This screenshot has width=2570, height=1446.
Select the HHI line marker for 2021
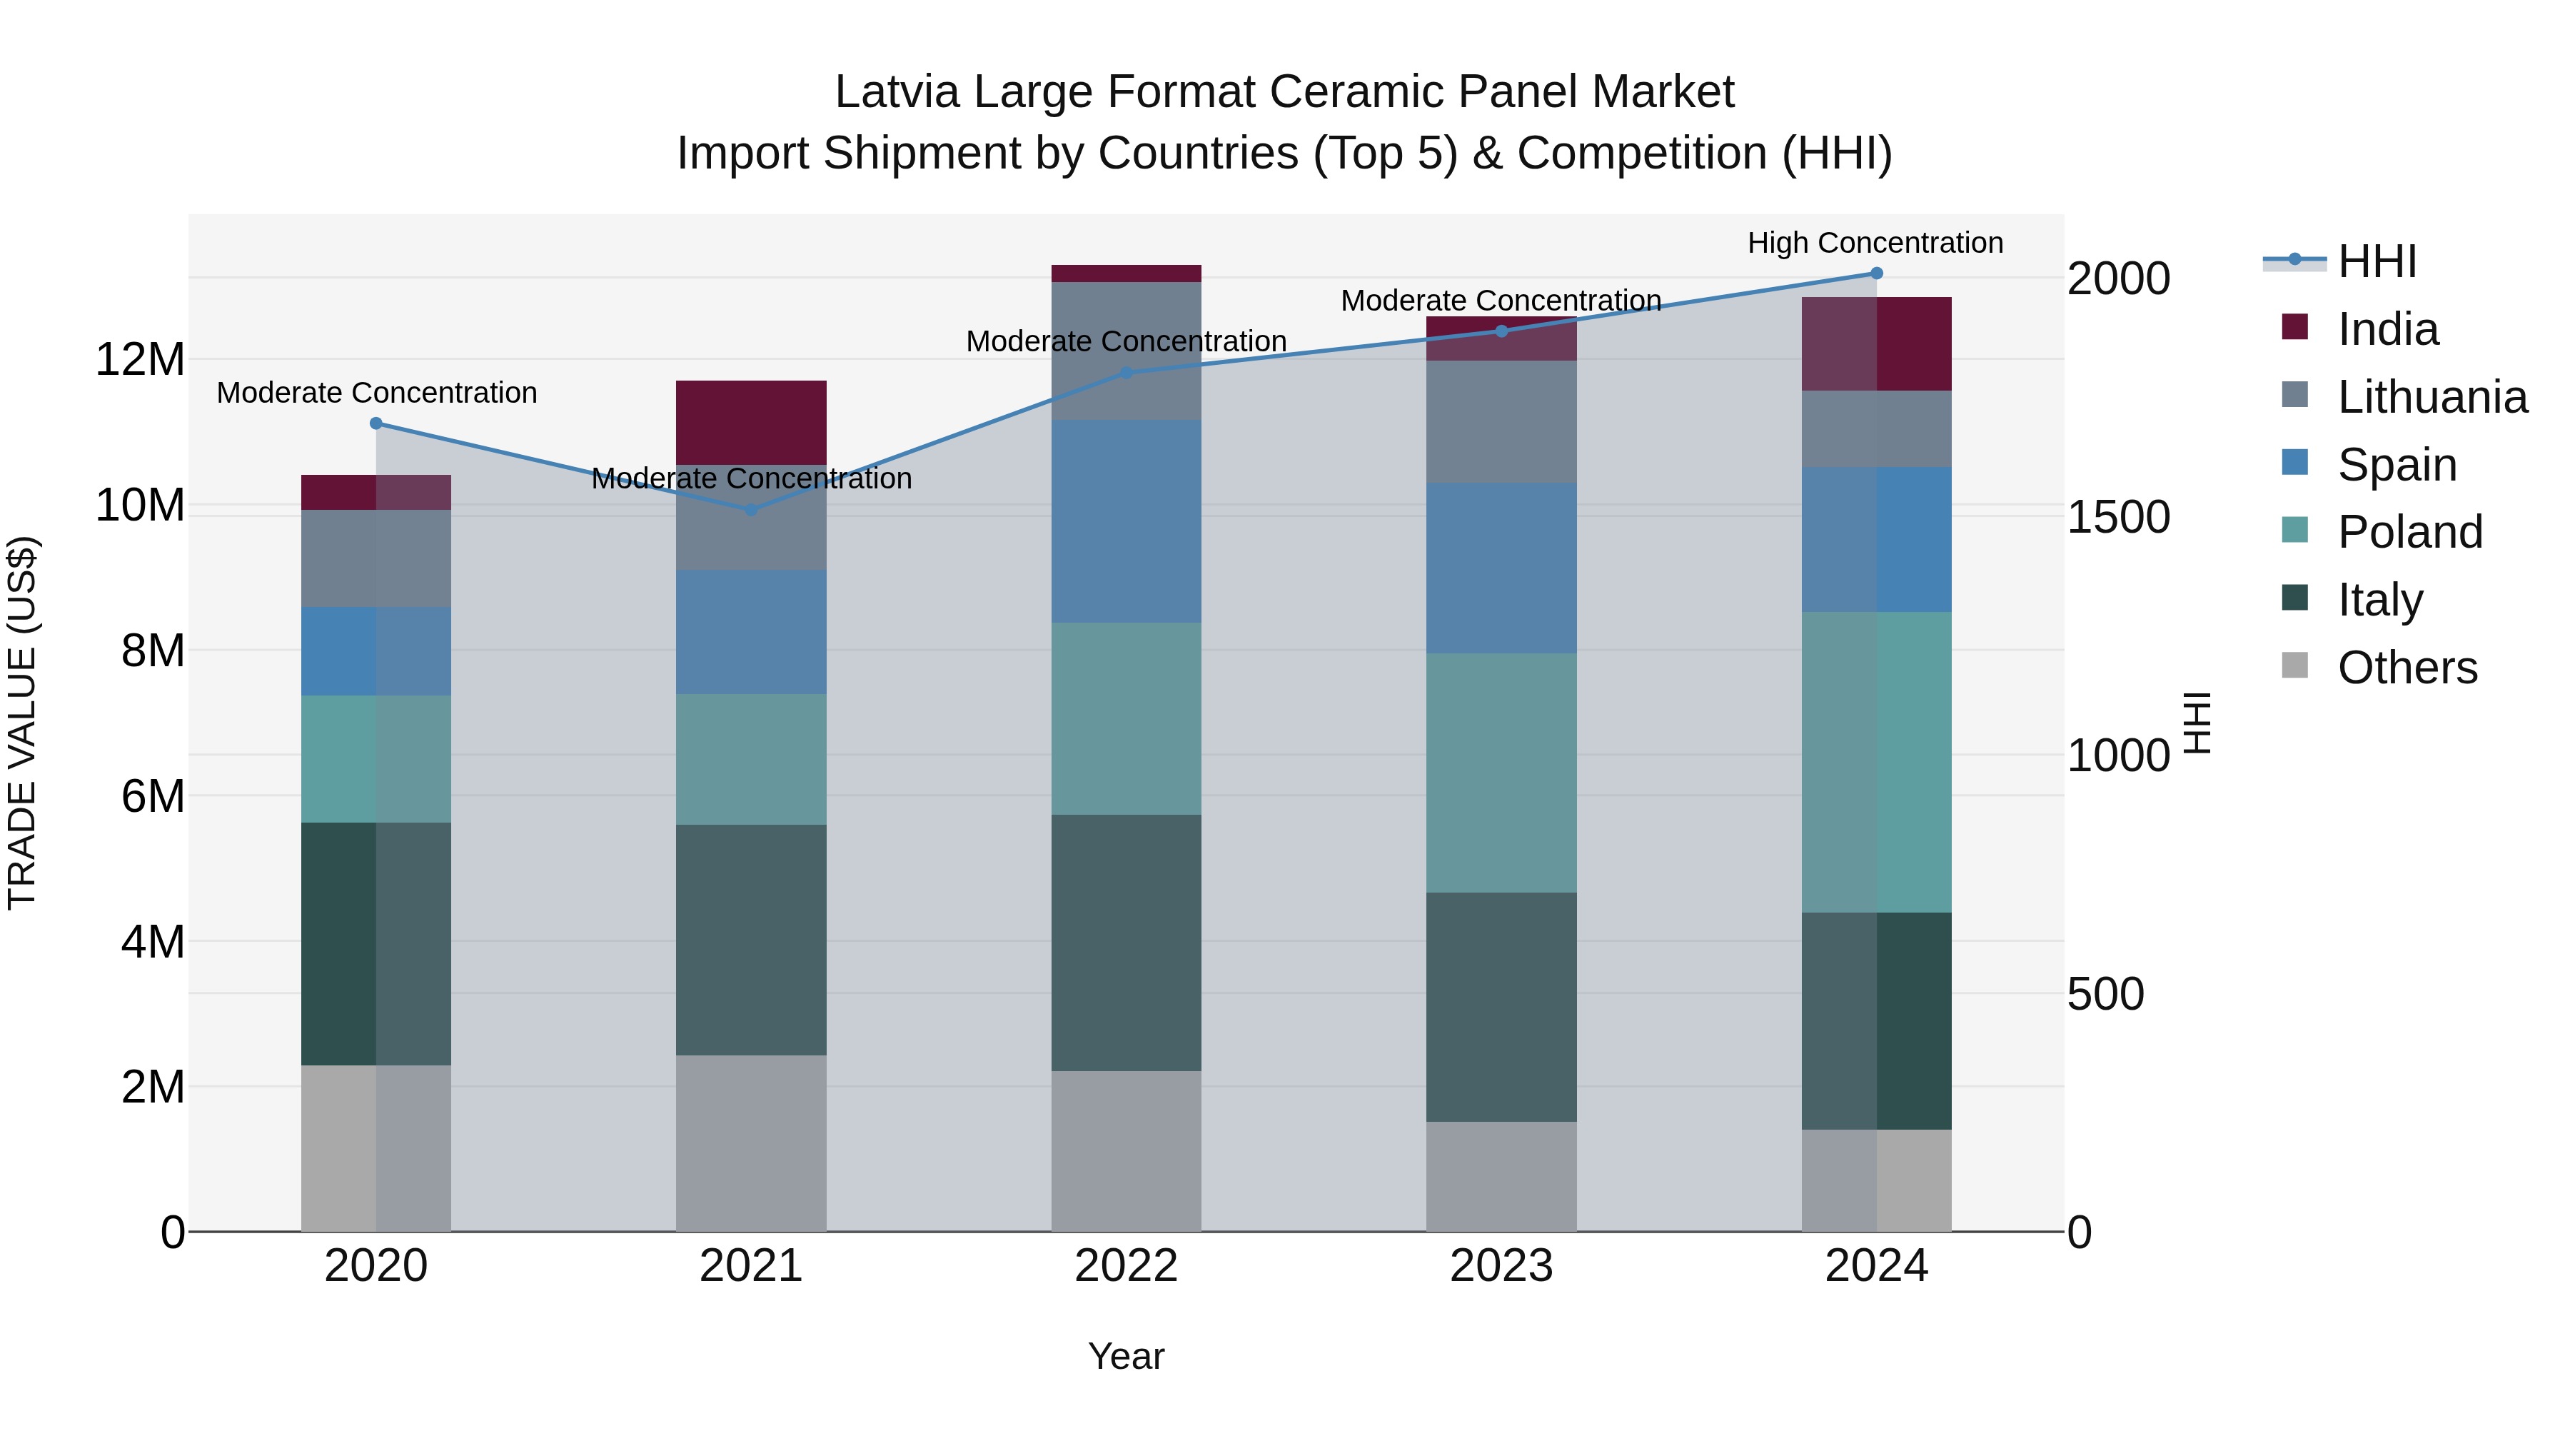click(751, 510)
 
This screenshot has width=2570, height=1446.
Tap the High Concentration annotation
click(1875, 243)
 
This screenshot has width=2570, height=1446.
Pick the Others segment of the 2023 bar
click(1501, 1177)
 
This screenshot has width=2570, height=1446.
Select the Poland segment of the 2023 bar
click(1501, 773)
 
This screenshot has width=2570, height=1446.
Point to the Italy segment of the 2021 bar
click(751, 940)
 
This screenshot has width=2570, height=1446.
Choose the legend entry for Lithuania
click(2432, 397)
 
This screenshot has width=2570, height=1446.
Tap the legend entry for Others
click(2407, 668)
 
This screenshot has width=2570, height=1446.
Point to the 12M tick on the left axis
click(140, 359)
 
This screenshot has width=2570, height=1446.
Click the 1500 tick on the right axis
click(2117, 517)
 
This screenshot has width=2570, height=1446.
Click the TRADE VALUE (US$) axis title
click(22, 723)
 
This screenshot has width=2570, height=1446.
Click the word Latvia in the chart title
click(897, 92)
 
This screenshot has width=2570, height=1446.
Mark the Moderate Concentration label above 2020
click(376, 393)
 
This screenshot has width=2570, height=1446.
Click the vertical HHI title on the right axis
click(2198, 723)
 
